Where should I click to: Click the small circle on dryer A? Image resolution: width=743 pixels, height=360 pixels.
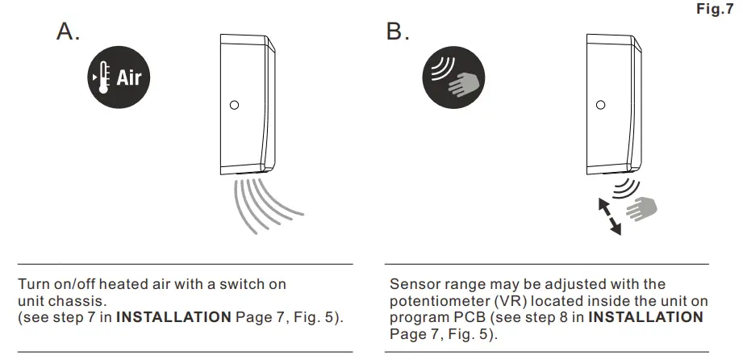coord(235,105)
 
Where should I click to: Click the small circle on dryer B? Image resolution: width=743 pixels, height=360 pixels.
coord(600,105)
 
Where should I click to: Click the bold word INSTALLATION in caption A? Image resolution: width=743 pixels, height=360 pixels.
coord(173,316)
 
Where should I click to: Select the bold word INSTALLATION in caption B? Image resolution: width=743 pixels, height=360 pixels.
coord(645,316)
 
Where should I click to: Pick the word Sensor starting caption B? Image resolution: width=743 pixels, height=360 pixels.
coord(411,284)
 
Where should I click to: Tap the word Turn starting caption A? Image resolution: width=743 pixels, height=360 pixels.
coord(33,284)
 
